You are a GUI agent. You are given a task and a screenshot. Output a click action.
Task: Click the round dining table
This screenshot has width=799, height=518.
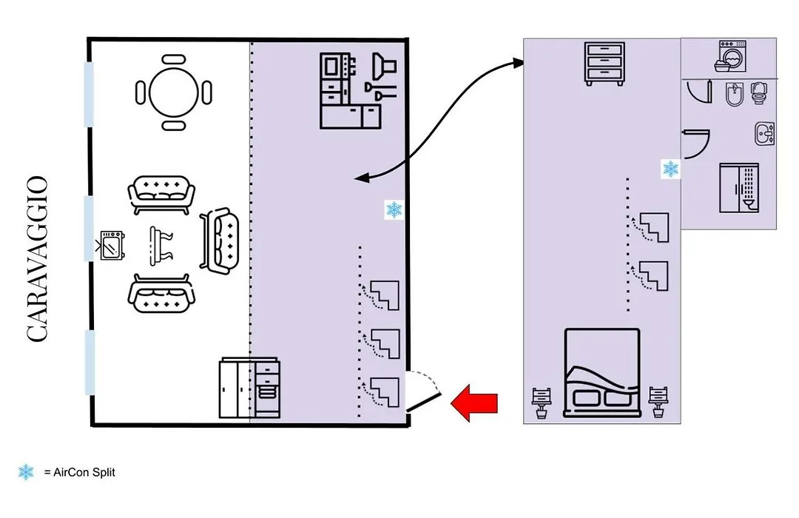point(174,92)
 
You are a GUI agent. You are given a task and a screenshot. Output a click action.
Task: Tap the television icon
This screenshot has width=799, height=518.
point(111,246)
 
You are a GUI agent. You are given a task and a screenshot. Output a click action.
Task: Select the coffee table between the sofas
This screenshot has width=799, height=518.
point(161,246)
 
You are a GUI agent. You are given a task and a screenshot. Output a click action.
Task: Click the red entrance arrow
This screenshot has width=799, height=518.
point(474,403)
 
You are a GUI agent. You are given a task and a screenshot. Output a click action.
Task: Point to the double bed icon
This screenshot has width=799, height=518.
point(601,373)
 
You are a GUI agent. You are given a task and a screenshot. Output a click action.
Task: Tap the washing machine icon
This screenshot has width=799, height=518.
point(732,56)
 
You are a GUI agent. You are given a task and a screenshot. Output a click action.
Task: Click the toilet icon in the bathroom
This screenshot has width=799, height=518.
point(759,92)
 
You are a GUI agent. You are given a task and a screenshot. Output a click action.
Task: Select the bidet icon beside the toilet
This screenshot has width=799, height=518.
point(735,94)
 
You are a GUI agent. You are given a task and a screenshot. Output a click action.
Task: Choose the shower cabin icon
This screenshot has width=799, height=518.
point(739,188)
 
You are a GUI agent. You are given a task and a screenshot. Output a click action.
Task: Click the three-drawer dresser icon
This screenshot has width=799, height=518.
point(604,64)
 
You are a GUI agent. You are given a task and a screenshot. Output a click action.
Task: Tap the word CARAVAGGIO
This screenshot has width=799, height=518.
point(37,259)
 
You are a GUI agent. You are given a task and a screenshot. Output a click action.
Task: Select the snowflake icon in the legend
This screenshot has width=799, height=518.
point(26,472)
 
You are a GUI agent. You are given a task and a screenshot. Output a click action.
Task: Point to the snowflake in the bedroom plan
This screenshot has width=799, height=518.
point(670,169)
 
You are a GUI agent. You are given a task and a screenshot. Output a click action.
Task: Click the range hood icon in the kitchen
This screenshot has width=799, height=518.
point(384,67)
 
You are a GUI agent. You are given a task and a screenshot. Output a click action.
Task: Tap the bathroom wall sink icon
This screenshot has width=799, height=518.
point(764,134)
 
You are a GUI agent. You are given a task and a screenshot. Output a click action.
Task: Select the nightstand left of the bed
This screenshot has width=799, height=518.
point(541,403)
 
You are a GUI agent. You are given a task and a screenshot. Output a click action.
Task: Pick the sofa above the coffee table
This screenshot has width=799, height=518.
point(161,194)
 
